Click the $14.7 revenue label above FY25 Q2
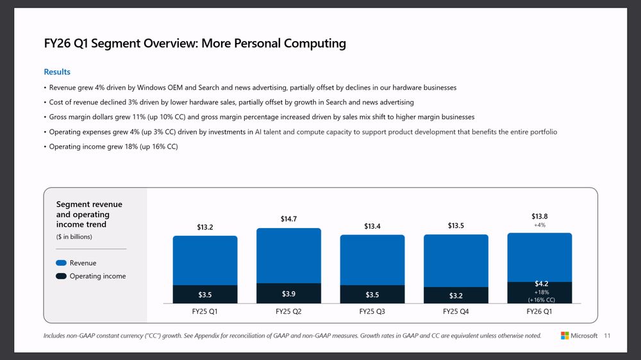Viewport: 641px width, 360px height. (288, 219)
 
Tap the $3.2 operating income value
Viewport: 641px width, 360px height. (455, 295)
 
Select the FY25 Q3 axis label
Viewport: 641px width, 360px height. (372, 311)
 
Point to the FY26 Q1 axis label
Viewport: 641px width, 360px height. (539, 311)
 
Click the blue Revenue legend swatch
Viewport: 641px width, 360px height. (62, 263)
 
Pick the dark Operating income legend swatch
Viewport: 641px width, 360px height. (62, 276)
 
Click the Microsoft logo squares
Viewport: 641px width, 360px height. (565, 336)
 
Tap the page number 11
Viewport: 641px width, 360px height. (607, 336)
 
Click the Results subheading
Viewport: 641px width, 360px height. (57, 72)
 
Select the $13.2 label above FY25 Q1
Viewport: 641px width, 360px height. (204, 227)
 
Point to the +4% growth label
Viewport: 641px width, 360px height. (539, 225)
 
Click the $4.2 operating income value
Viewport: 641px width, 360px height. (541, 284)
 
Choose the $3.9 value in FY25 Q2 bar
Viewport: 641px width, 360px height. (288, 293)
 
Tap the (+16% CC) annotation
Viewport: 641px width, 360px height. (541, 299)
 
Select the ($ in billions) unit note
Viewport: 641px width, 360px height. (74, 237)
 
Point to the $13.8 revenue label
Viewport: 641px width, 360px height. (540, 216)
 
